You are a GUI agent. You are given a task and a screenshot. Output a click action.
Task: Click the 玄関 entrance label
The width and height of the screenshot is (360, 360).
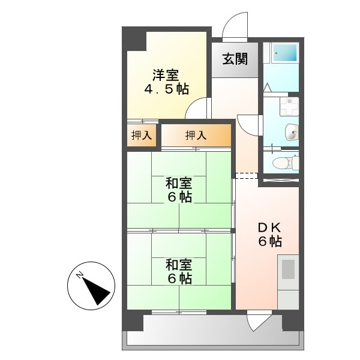coord(234,60)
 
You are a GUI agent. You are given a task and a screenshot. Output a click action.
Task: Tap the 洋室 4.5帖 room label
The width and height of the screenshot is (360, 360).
coord(166,82)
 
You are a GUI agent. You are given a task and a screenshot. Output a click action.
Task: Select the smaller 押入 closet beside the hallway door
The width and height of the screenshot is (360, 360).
coord(142,136)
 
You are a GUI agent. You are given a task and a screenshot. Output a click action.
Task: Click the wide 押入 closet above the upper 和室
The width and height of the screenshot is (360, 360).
coord(196,136)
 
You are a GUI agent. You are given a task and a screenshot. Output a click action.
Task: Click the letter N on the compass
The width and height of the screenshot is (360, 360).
coord(80,275)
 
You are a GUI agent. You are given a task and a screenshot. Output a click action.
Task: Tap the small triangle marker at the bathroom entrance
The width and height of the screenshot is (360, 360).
coord(268,87)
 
